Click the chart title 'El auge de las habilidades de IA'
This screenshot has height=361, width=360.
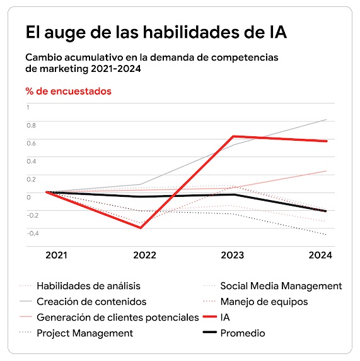click(156, 32)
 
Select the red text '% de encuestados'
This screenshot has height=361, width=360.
click(68, 91)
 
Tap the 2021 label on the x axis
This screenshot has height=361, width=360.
click(56, 256)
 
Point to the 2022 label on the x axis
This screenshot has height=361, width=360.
click(145, 256)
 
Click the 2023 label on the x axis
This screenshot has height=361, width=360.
click(233, 256)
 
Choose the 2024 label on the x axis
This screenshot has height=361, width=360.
click(320, 256)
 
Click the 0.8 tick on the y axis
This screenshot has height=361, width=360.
click(30, 124)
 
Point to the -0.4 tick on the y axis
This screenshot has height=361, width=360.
click(32, 233)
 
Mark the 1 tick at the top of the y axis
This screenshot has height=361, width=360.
click(28, 107)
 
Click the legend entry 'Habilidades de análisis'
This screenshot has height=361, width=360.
click(88, 286)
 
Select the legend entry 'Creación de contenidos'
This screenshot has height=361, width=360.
click(91, 302)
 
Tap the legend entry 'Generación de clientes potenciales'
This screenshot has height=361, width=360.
click(117, 317)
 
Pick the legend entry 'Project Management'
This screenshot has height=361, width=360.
click(84, 333)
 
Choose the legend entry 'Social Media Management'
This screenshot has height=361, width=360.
click(281, 286)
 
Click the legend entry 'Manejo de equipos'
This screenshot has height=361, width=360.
click(264, 302)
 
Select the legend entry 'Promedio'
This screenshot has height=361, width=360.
click(243, 333)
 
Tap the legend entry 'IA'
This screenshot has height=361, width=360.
click(225, 317)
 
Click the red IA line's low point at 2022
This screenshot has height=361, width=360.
click(140, 228)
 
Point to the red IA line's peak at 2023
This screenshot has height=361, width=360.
click(233, 136)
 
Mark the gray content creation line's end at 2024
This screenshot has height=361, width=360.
click(327, 119)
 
